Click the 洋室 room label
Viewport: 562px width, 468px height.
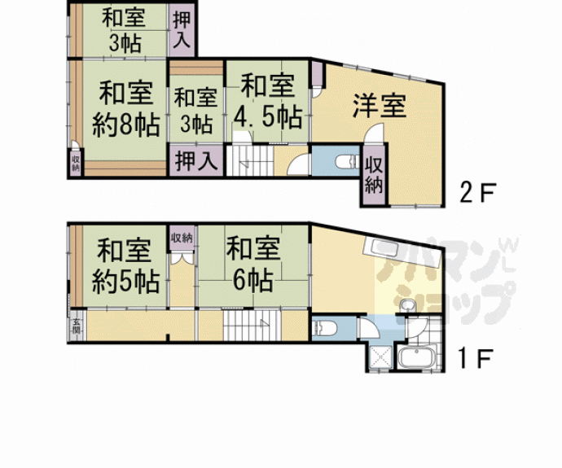click(x=380, y=105)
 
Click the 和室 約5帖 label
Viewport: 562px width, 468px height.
click(x=124, y=265)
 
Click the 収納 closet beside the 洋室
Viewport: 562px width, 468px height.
click(x=374, y=174)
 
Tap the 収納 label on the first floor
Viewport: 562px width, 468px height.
click(x=182, y=238)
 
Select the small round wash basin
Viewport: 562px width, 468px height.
click(x=410, y=305)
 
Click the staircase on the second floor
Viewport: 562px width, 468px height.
click(x=251, y=160)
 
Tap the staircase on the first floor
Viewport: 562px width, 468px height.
click(x=252, y=326)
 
